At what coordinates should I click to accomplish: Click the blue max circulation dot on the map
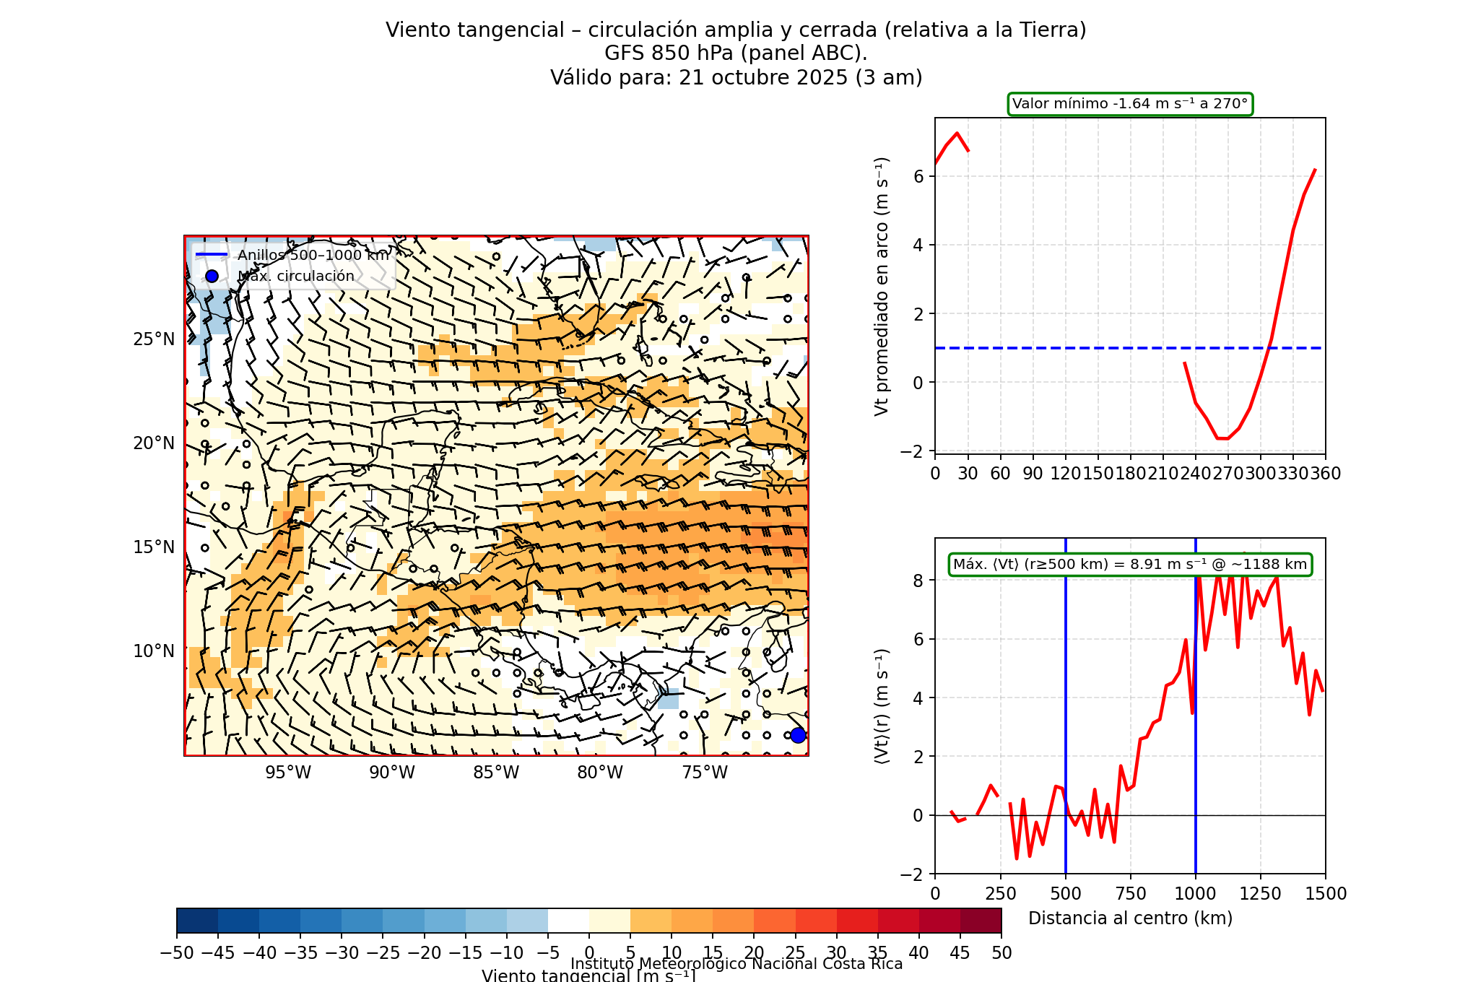pos(798,735)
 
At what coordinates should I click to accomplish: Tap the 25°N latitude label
pos(154,339)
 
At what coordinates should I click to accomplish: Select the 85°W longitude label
pos(496,773)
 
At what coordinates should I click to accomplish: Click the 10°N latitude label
pos(154,651)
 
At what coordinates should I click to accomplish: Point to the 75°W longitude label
pos(705,773)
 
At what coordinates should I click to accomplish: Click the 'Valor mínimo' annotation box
pos(1130,104)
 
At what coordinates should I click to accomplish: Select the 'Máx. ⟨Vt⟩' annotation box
pos(1130,565)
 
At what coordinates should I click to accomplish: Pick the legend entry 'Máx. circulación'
pos(296,276)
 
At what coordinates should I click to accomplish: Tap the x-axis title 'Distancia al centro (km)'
pos(1130,918)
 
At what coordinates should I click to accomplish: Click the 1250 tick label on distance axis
pos(1261,894)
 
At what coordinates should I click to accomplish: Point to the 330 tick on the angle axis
pos(1292,474)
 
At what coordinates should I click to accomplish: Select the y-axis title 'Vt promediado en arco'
pos(882,287)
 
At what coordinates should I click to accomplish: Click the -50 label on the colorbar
pos(177,953)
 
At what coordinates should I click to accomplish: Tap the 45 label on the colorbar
pos(960,953)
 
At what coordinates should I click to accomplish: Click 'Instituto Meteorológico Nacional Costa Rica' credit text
pos(736,964)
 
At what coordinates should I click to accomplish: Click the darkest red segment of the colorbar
pos(981,921)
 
